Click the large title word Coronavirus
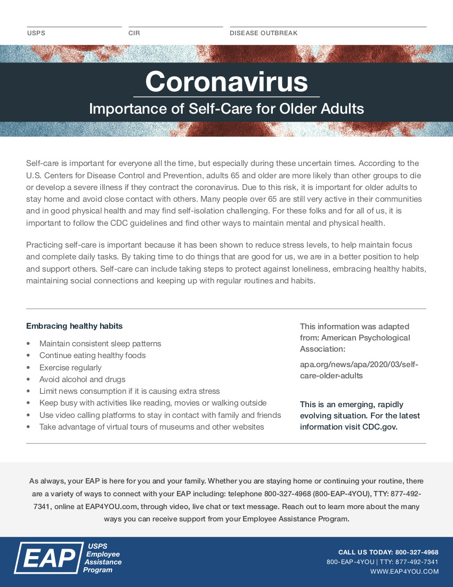click(x=226, y=82)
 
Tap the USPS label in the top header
click(x=36, y=33)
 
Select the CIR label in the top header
click(x=134, y=33)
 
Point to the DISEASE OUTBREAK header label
click(x=263, y=33)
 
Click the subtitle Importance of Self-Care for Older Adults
click(x=226, y=109)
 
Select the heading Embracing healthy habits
click(x=74, y=326)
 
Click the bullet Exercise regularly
click(x=70, y=368)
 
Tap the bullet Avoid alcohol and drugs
click(x=82, y=379)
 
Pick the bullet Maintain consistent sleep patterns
click(x=100, y=344)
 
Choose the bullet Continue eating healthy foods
click(x=92, y=355)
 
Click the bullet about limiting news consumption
click(x=130, y=391)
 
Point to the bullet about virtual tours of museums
click(x=151, y=427)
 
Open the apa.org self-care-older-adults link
click(x=359, y=370)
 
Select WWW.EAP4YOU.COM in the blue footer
click(x=404, y=572)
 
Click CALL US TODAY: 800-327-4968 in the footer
click(x=388, y=552)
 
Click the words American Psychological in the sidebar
click(x=366, y=338)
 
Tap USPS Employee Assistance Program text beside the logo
click(x=102, y=558)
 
